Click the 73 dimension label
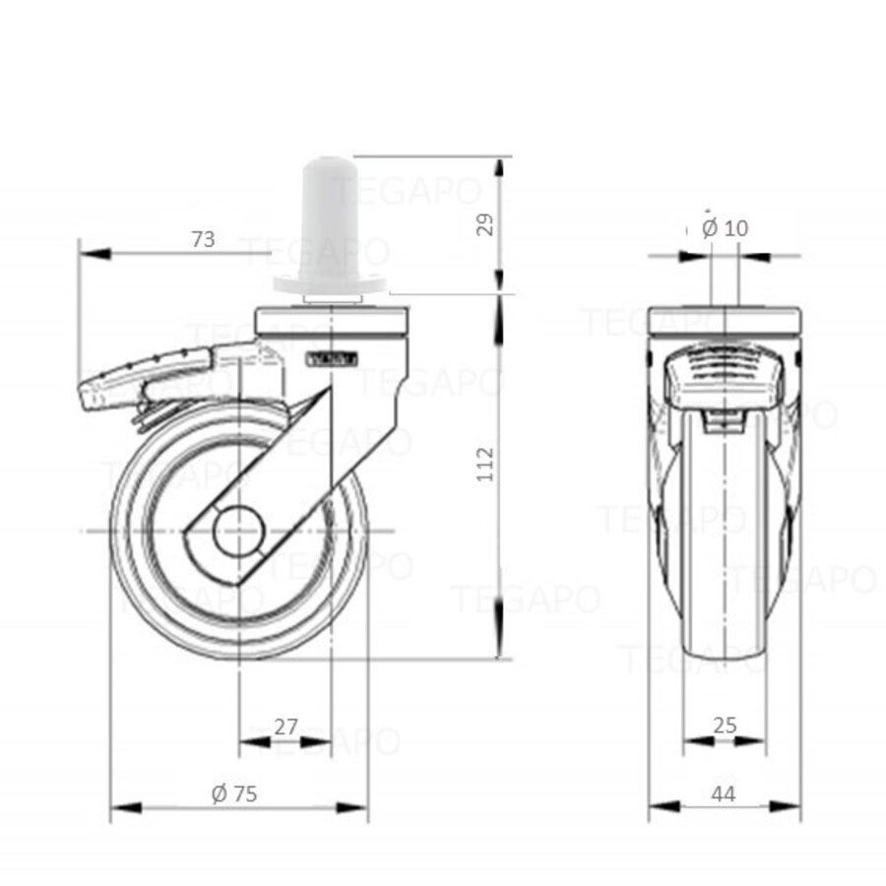coord(202,239)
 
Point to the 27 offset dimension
coord(285,727)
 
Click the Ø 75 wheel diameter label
coord(234,793)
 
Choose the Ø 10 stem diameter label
coord(726,228)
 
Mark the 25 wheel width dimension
coord(724,726)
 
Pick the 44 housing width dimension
coord(724,793)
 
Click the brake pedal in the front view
coord(724,379)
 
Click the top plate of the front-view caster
coord(725,322)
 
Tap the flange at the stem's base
coord(329,285)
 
